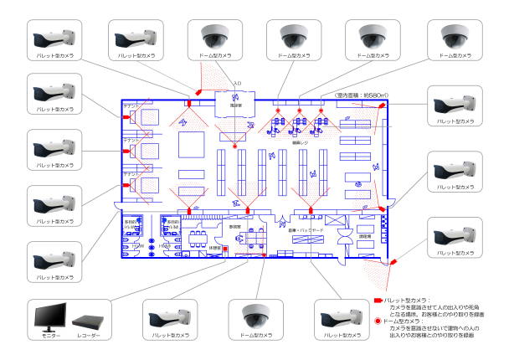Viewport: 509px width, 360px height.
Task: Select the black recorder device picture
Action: click(89, 321)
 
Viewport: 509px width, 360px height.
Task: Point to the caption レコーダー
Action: click(89, 336)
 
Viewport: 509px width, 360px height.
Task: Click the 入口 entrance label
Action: click(237, 84)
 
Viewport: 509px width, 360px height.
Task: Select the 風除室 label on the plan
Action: click(237, 105)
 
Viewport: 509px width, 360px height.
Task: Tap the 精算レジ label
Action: click(301, 143)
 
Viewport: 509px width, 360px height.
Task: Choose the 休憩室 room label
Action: click(214, 248)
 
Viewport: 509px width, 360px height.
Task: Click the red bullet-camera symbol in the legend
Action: click(378, 300)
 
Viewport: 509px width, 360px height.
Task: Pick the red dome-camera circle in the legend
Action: click(378, 321)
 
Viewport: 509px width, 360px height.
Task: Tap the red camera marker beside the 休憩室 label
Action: click(225, 249)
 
